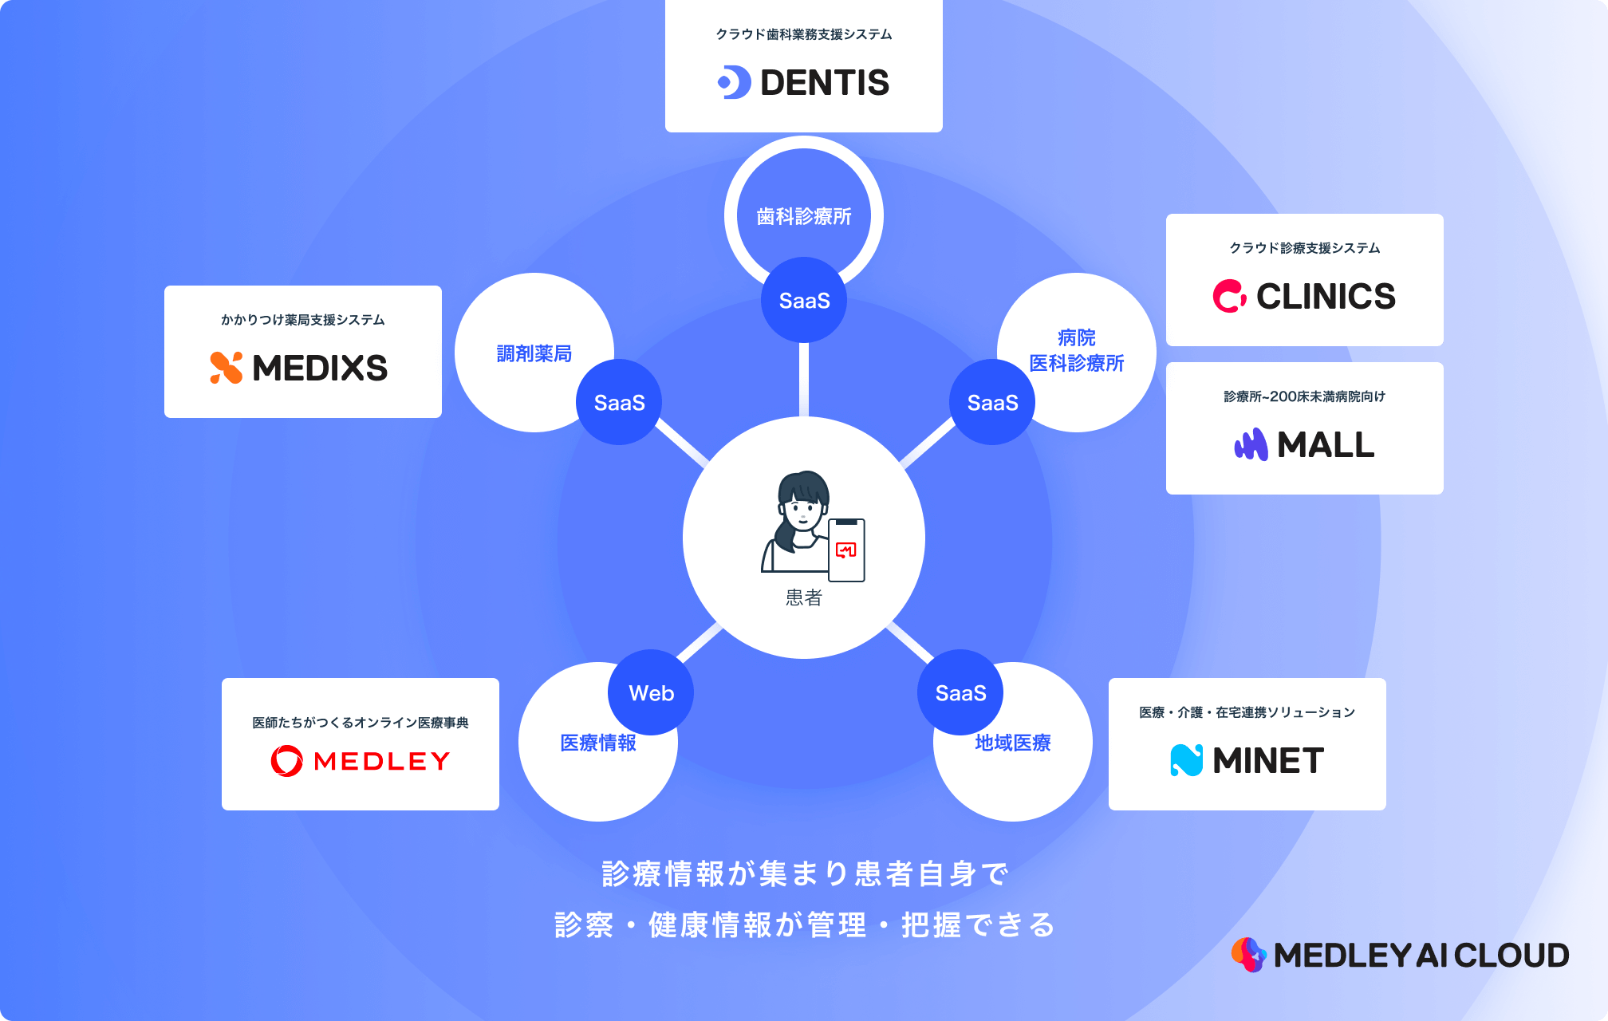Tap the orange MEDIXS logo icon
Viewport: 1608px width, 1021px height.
tap(226, 368)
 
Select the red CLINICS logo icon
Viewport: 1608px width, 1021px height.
tap(1229, 296)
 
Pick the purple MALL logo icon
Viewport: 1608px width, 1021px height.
tap(1251, 444)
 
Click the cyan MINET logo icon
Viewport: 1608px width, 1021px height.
tap(1186, 760)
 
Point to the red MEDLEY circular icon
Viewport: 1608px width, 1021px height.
tap(286, 761)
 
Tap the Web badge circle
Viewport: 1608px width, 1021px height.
tap(651, 692)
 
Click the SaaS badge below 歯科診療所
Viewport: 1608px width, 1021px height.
tap(804, 300)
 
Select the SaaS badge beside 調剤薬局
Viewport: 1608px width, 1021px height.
tap(619, 402)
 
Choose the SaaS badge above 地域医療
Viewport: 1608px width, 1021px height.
tap(960, 692)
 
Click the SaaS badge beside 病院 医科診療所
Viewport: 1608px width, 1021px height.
tap(992, 402)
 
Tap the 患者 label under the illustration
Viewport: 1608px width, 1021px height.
tap(804, 597)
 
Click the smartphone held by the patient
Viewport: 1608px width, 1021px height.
tap(846, 550)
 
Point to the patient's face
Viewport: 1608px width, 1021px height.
tap(802, 510)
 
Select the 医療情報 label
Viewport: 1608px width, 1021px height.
tap(598, 743)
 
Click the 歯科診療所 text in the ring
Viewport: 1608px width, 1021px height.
tap(804, 216)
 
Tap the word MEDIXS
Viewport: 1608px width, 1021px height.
tap(320, 368)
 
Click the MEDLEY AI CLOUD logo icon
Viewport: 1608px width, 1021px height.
tap(1248, 955)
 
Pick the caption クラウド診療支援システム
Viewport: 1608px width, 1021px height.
tap(1305, 248)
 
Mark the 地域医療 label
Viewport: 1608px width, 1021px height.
tap(1013, 743)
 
